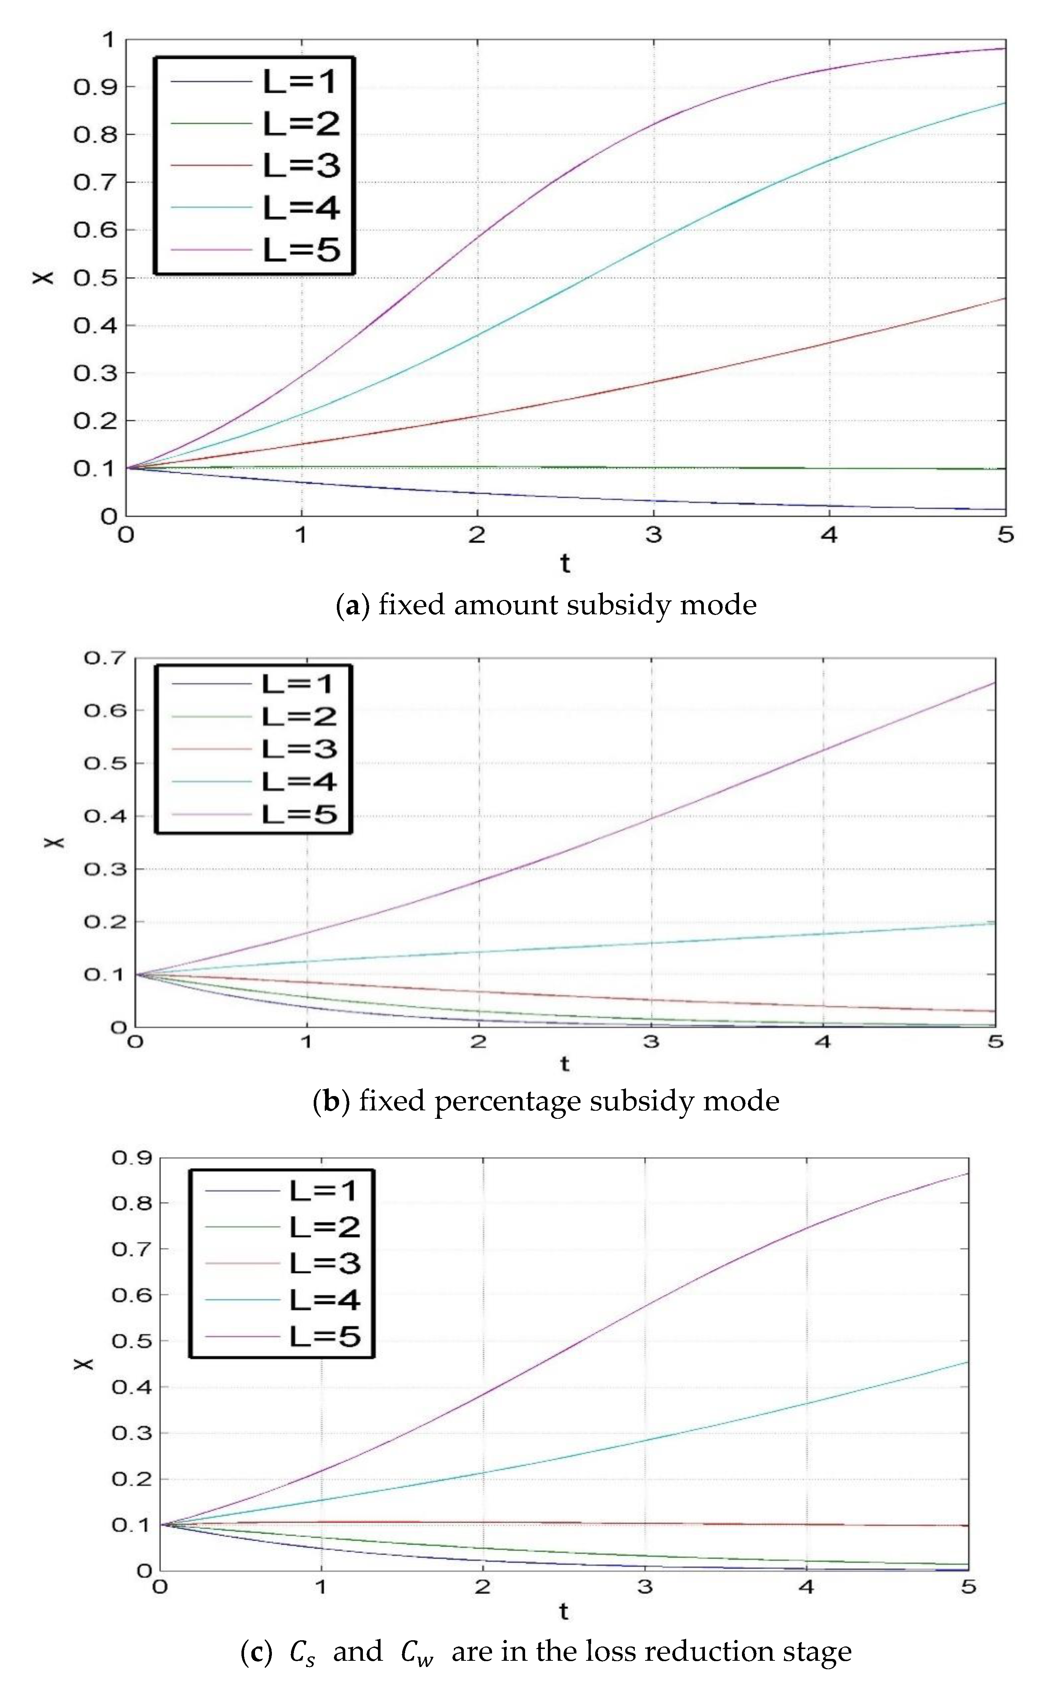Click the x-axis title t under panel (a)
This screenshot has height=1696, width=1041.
[565, 563]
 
